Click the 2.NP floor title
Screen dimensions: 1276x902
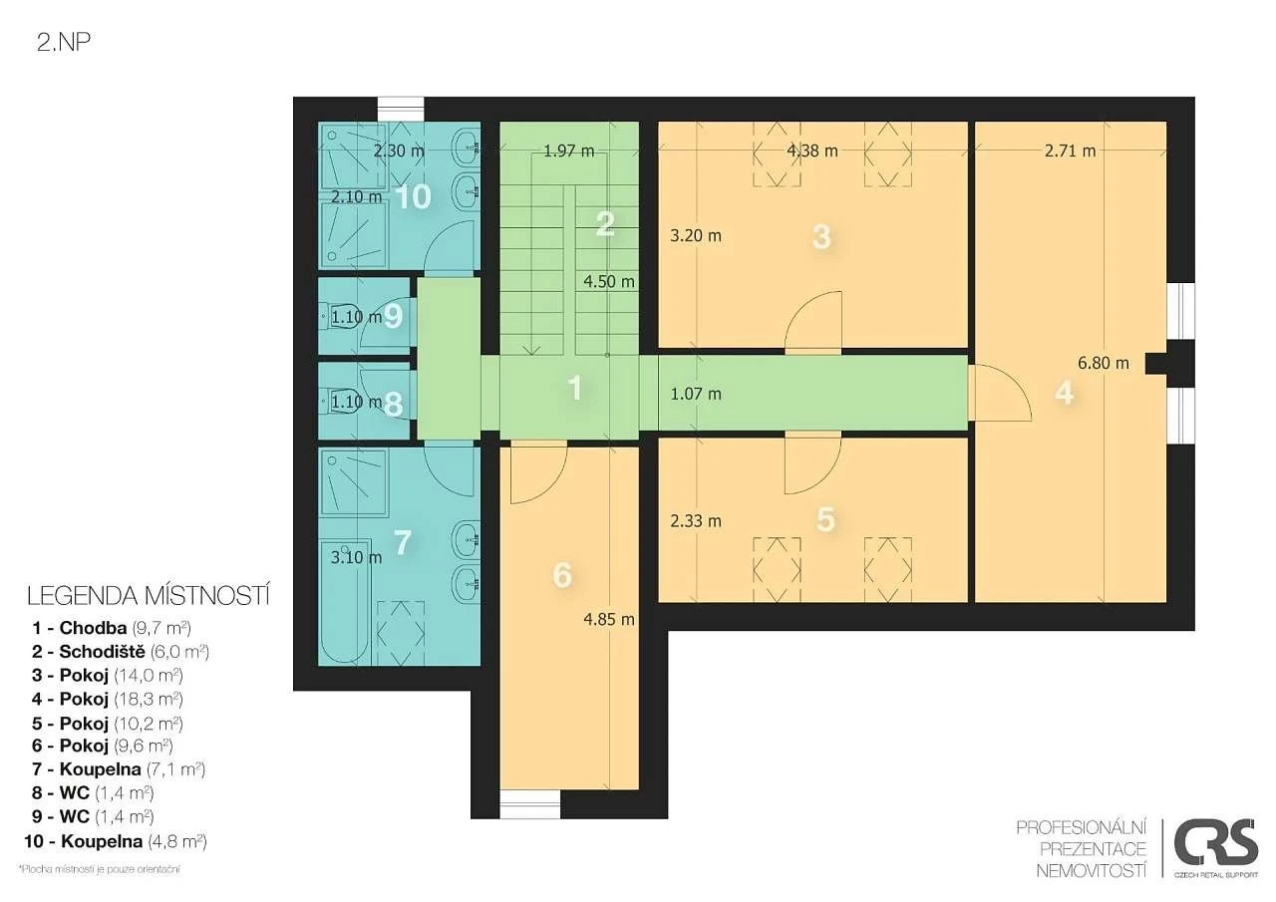(64, 43)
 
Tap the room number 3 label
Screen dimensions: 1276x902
(821, 237)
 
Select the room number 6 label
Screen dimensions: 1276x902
(562, 575)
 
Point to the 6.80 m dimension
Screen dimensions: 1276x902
(1104, 363)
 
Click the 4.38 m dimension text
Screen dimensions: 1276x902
(812, 150)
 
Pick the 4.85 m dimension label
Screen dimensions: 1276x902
(609, 620)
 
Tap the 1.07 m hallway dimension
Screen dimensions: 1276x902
(696, 394)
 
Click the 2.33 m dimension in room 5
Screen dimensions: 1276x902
(696, 521)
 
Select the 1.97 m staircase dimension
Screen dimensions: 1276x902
(568, 150)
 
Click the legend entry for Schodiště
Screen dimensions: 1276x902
(121, 652)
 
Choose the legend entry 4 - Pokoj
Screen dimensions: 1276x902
(108, 699)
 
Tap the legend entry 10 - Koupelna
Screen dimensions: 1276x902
(115, 841)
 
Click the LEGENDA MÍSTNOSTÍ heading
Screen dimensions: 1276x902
(149, 596)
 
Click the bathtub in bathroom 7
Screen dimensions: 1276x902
(344, 600)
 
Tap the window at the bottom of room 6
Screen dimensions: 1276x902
(529, 805)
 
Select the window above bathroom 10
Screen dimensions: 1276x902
(401, 109)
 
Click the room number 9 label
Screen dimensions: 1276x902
(393, 316)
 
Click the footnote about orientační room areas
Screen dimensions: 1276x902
(99, 869)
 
